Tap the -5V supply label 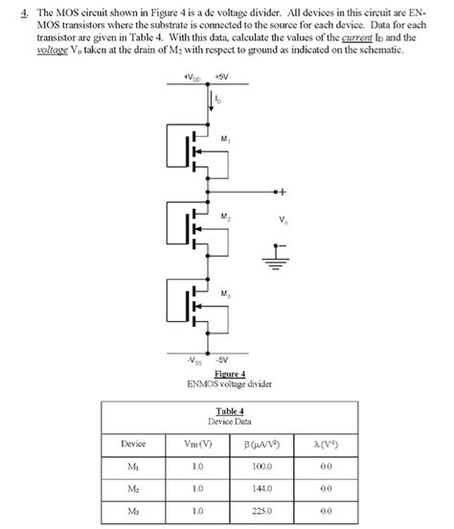(221, 359)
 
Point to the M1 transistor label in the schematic (224, 141)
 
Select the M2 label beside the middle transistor (224, 218)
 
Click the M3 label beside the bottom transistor (224, 292)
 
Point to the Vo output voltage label (283, 220)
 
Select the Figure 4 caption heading (230, 374)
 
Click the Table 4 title (230, 410)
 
